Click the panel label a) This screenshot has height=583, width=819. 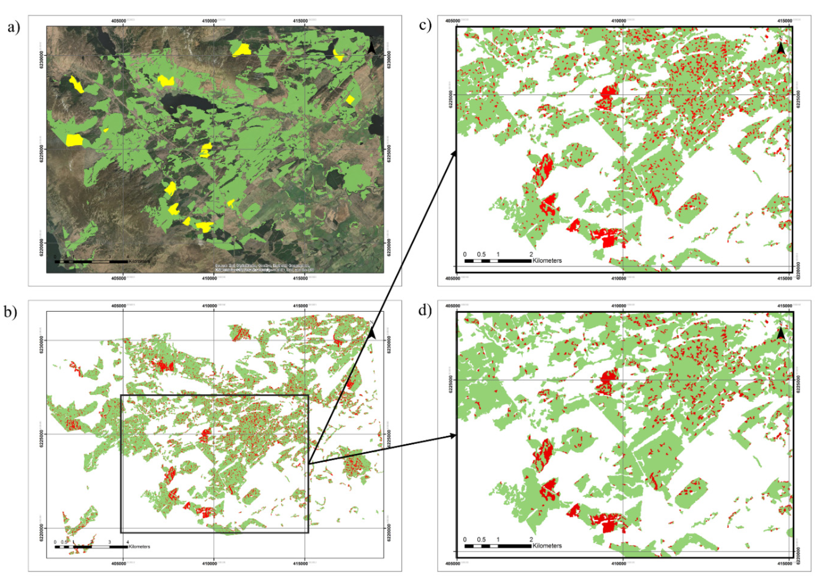coord(14,27)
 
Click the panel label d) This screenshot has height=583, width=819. coord(425,310)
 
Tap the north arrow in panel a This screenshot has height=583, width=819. coord(372,48)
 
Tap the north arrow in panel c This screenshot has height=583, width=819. coord(781,48)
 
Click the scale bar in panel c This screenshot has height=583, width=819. coord(498,261)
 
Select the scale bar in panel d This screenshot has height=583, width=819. coord(498,546)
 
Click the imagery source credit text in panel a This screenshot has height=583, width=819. coord(263,268)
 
